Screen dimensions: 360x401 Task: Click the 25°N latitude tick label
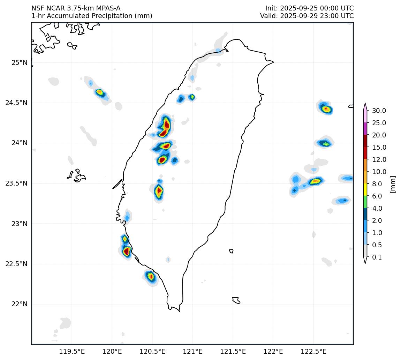[x=20, y=63]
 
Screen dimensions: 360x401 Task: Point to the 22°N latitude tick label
[x=20, y=304]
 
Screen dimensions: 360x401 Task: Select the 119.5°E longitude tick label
[x=72, y=351]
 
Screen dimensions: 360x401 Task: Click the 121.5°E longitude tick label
[x=233, y=351]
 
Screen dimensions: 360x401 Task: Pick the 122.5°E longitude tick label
[x=313, y=351]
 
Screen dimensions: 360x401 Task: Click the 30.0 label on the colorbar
[x=379, y=111]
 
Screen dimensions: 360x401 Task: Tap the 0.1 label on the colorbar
[x=377, y=257]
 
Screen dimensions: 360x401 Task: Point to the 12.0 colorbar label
[x=379, y=160]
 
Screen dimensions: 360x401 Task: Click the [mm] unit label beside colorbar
[x=393, y=184]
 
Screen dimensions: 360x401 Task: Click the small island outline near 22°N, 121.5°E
[x=236, y=300]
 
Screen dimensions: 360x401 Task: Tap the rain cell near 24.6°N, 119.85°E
[x=100, y=92]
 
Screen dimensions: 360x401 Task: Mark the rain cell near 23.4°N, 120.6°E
[x=159, y=191]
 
